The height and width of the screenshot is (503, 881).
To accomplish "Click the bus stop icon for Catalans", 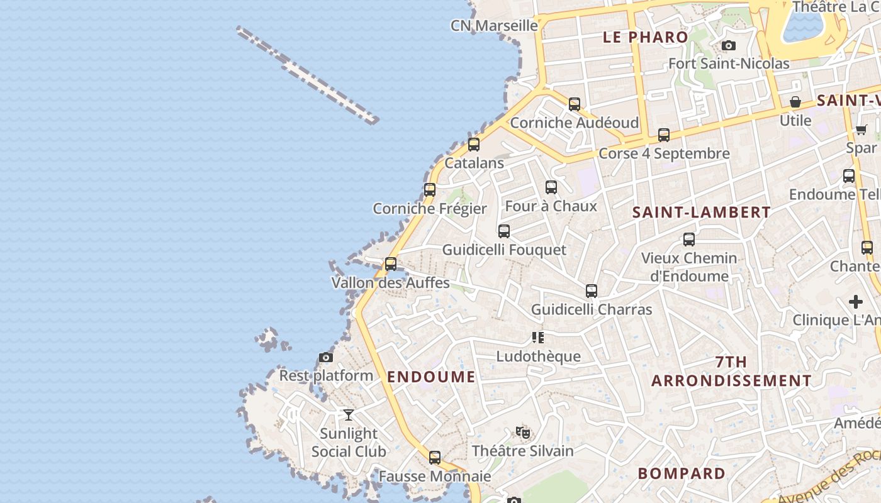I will point(474,145).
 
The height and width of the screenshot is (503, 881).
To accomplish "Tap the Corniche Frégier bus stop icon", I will point(430,189).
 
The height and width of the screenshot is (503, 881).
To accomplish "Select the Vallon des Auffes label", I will point(390,282).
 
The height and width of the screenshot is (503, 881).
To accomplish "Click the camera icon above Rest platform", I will point(325,357).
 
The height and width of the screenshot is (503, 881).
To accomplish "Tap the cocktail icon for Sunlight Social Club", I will point(349,415).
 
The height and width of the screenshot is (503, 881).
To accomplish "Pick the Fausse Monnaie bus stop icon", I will point(435,458).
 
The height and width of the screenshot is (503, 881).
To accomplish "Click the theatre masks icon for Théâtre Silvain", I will point(522,433).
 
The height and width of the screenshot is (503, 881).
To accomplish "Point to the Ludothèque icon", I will point(537,338).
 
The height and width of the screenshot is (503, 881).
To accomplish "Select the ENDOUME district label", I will point(431,377).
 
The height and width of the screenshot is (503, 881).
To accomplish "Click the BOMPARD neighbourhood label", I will point(682,473).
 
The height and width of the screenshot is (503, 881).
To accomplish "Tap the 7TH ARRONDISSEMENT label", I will point(731,372).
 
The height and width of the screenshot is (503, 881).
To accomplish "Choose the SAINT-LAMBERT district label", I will point(701,213).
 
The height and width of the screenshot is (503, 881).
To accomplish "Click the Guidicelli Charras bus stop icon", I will point(591,291).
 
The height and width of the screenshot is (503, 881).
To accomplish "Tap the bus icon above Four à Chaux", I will point(551,187).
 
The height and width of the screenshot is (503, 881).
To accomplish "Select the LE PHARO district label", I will point(645,37).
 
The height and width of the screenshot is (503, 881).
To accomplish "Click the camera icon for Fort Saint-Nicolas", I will point(729,45).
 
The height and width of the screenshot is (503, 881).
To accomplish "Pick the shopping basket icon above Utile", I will point(795,102).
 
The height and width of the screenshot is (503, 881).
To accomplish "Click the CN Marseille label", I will point(494,26).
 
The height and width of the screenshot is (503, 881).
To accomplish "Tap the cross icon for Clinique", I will point(856,302).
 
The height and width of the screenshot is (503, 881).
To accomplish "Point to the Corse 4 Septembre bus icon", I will point(664,135).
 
